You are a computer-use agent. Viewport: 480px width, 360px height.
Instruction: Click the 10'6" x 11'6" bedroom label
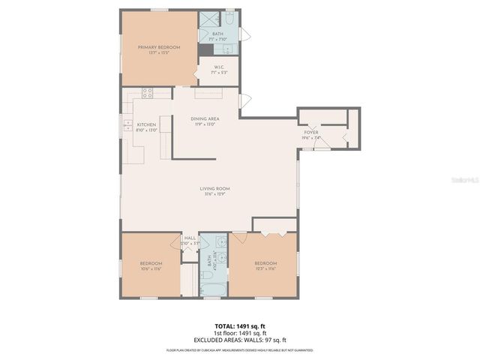(151, 266)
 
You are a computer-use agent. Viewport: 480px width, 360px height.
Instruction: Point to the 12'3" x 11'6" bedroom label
(265, 265)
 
